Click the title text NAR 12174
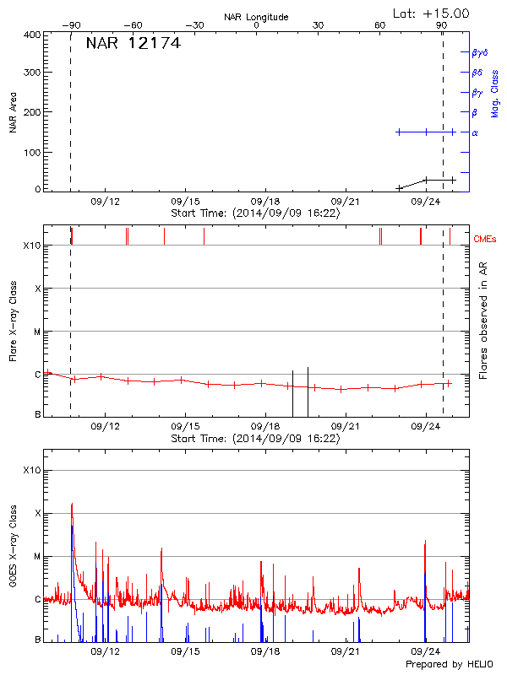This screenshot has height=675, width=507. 134,44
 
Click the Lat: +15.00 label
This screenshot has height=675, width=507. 432,13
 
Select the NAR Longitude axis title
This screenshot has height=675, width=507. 257,16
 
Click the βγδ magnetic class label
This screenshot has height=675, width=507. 480,52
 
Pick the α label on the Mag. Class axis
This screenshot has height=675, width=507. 475,132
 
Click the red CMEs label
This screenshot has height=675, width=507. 486,240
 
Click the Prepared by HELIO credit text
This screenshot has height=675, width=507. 438,665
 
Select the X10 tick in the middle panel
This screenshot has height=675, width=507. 32,246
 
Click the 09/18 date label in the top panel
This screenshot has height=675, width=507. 265,202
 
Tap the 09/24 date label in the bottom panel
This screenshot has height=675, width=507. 426,651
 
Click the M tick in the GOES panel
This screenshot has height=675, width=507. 37,556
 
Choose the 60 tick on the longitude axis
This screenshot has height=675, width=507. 379,25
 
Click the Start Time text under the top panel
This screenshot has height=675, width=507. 255,213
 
